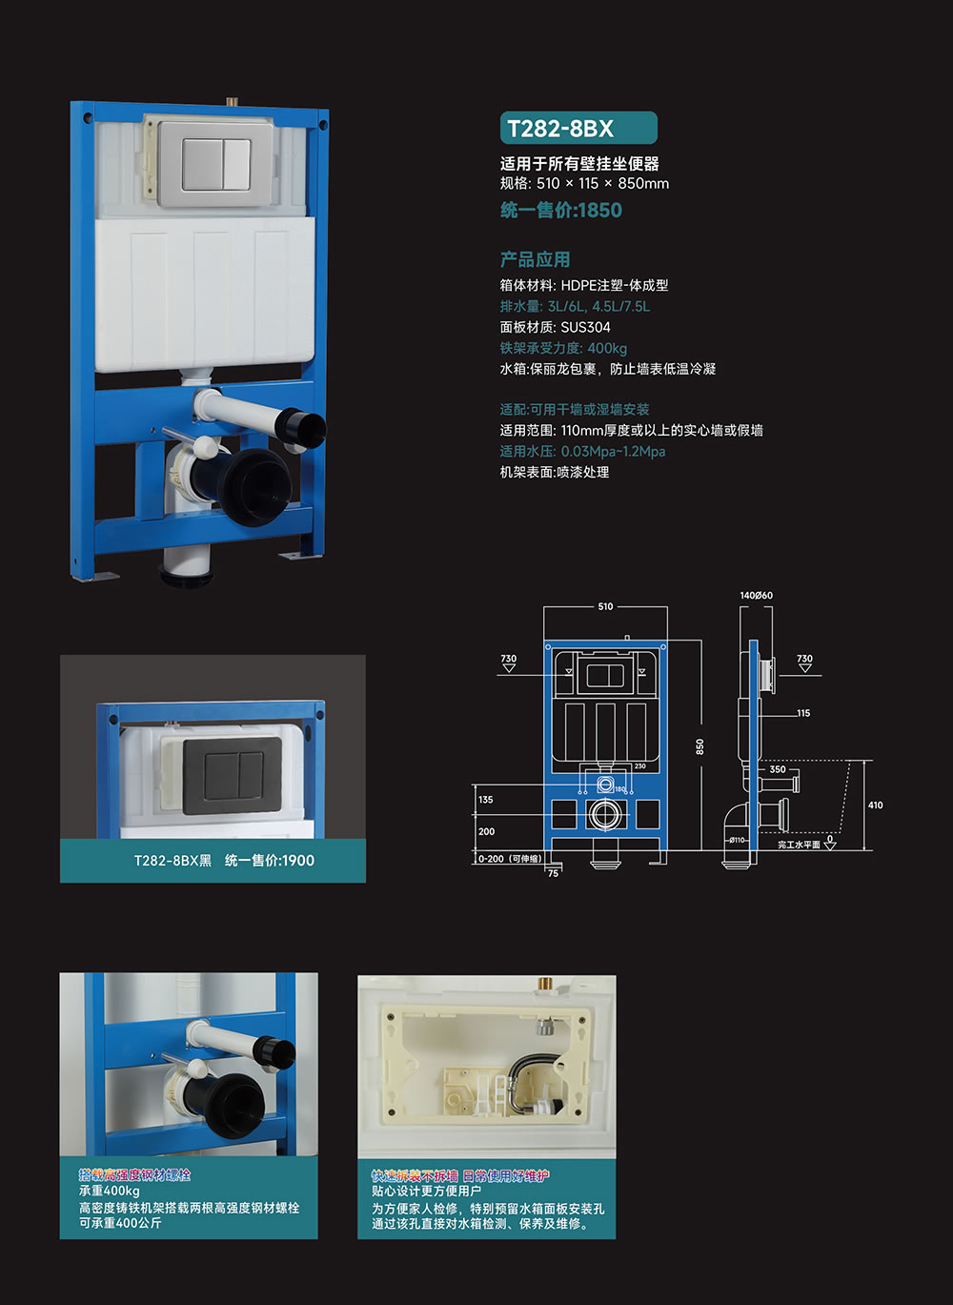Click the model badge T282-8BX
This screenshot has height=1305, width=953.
pyautogui.click(x=578, y=129)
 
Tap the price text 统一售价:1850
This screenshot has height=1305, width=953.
pyautogui.click(x=560, y=211)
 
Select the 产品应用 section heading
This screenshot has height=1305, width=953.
pyautogui.click(x=535, y=259)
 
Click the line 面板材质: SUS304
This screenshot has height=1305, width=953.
pyautogui.click(x=555, y=327)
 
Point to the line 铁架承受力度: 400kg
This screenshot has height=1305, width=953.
pyautogui.click(x=563, y=348)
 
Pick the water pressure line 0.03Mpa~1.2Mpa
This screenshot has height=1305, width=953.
pyautogui.click(x=582, y=451)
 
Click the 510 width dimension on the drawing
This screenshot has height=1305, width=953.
pyautogui.click(x=605, y=606)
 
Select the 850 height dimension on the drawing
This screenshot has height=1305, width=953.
pyautogui.click(x=700, y=746)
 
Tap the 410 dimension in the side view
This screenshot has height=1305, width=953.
pyautogui.click(x=875, y=805)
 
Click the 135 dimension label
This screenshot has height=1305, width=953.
pyautogui.click(x=486, y=800)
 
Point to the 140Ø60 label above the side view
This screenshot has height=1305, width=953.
pyautogui.click(x=756, y=596)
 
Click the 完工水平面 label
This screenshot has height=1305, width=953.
pyautogui.click(x=799, y=845)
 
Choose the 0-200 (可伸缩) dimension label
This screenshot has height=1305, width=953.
pyautogui.click(x=510, y=859)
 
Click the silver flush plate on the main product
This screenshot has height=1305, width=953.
pyautogui.click(x=216, y=163)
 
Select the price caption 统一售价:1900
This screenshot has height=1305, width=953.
pyautogui.click(x=269, y=861)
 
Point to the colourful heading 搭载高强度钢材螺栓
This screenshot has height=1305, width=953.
pyautogui.click(x=134, y=1175)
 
